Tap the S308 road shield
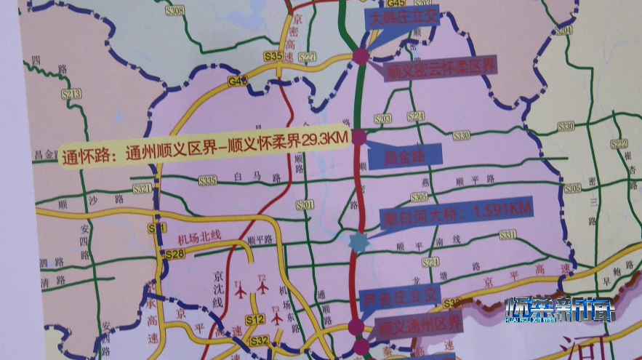click(175, 10)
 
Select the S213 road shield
click(72, 95)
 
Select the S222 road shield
click(619, 143)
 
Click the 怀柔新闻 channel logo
click(560, 310)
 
